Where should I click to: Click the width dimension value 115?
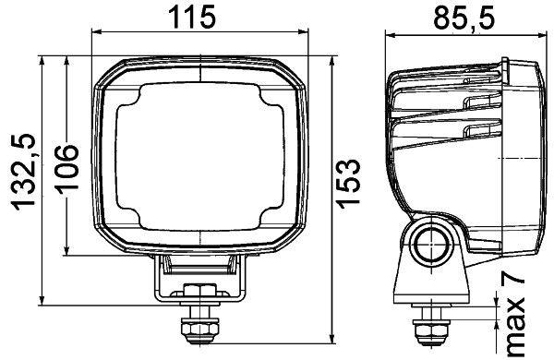pyautogui.click(x=191, y=16)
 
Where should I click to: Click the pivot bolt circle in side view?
pyautogui.click(x=432, y=246)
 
